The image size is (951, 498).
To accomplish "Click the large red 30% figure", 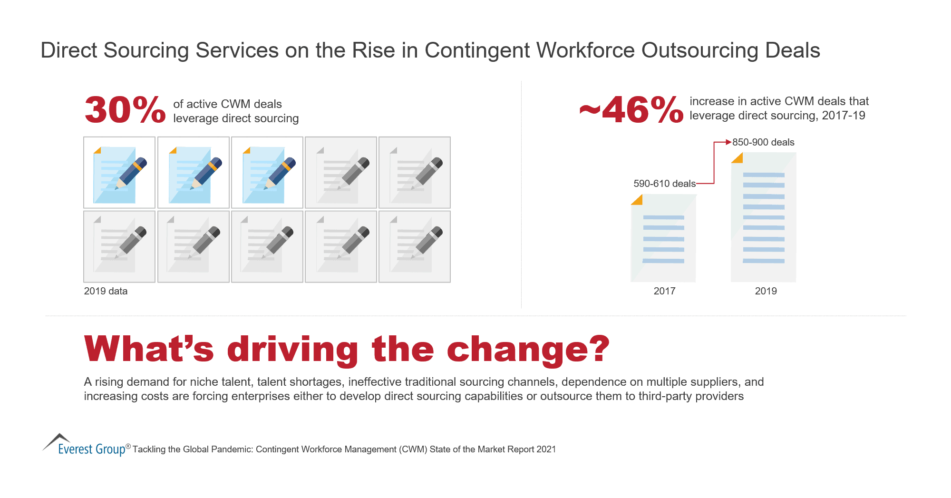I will point(125,110).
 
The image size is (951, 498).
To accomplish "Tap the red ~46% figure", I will point(631,110).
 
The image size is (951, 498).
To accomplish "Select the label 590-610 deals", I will point(664,184).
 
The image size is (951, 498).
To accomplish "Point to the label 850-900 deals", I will point(763,142).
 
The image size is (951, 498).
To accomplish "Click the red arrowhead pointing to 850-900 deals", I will point(728,142).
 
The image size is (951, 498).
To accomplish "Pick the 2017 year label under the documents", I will point(664,291).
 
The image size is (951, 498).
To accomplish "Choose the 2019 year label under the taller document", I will point(765,291).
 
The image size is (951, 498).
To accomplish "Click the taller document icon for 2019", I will point(763,218).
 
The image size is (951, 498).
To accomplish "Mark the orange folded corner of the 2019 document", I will point(738,158).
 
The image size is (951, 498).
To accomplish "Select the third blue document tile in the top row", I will point(267,173).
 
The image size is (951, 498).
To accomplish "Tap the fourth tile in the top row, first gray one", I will point(340,173).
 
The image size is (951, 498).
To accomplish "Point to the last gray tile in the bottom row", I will point(414,247).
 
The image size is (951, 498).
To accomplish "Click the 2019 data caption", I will point(106,291).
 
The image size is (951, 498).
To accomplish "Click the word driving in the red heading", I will point(292,350).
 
